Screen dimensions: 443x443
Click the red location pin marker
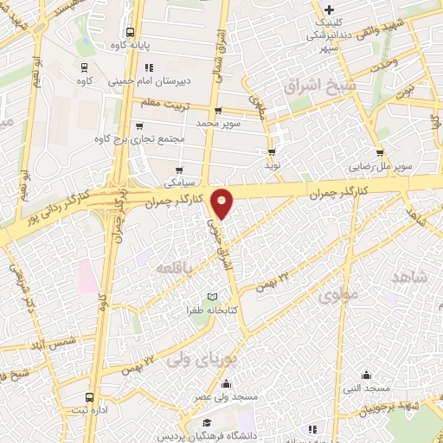pos(223,203)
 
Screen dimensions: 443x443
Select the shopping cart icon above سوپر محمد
pos(217,111)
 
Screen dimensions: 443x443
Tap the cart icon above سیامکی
pos(179,170)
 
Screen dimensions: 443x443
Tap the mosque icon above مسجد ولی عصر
pos(227,384)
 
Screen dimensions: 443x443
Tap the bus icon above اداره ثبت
pos(87,398)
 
